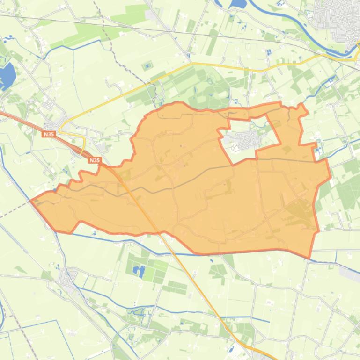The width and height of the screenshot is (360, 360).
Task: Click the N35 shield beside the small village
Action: [x=48, y=134]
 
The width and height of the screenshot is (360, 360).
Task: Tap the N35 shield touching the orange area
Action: [x=95, y=160]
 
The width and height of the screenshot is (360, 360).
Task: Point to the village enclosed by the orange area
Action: [x=244, y=139]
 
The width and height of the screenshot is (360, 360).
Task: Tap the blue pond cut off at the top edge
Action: [x=239, y=4]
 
